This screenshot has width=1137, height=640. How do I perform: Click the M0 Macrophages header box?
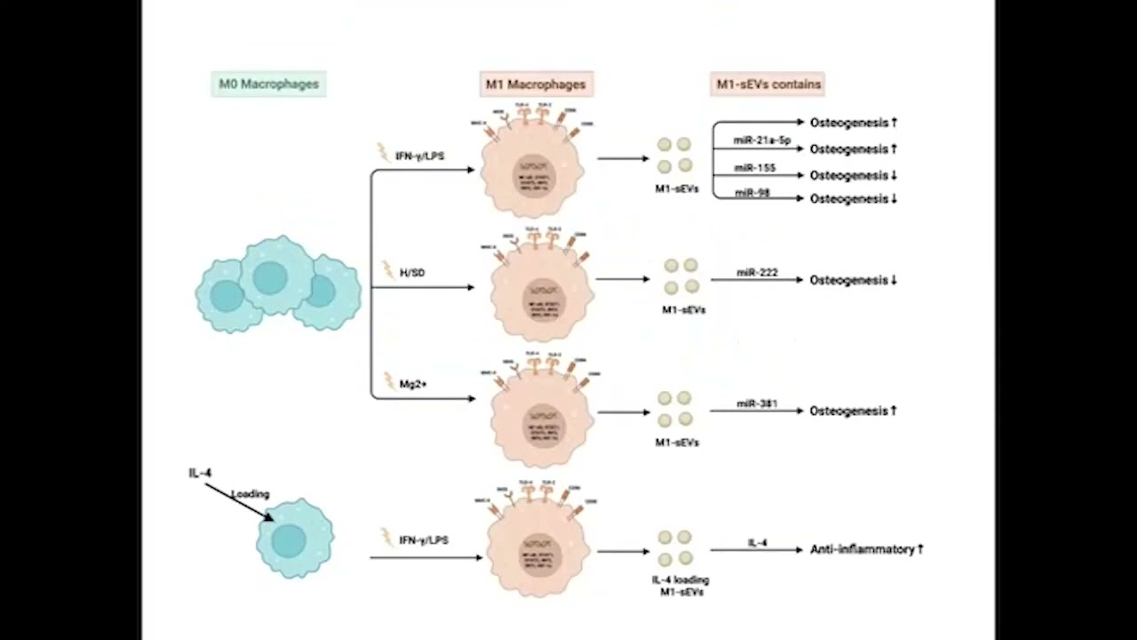tap(268, 84)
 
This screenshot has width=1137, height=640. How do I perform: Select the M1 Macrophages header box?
tap(535, 84)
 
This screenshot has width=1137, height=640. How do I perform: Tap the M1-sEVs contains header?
tap(769, 84)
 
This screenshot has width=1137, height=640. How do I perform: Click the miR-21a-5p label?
tap(761, 140)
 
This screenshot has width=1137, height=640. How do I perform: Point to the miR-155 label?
tap(754, 167)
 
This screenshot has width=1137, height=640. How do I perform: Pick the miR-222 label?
tap(757, 272)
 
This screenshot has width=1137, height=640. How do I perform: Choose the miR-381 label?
tap(757, 404)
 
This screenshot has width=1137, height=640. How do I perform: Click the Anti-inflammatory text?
tap(862, 549)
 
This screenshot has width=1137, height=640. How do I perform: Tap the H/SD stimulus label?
tap(412, 273)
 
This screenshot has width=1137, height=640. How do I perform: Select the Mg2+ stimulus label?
tap(413, 384)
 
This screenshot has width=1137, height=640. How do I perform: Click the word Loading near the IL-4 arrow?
tap(250, 494)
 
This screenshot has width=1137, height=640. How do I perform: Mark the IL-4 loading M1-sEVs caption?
tap(680, 586)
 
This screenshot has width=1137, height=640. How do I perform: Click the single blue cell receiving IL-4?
tap(294, 539)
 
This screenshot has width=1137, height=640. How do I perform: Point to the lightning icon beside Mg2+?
tap(388, 381)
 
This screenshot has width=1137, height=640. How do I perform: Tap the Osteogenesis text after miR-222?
tap(848, 280)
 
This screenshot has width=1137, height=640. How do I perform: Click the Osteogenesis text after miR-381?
tap(848, 411)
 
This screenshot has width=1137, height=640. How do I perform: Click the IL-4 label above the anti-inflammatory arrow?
tap(757, 542)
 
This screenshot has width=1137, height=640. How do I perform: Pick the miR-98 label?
tap(751, 193)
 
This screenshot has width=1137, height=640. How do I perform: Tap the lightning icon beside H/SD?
tap(387, 269)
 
